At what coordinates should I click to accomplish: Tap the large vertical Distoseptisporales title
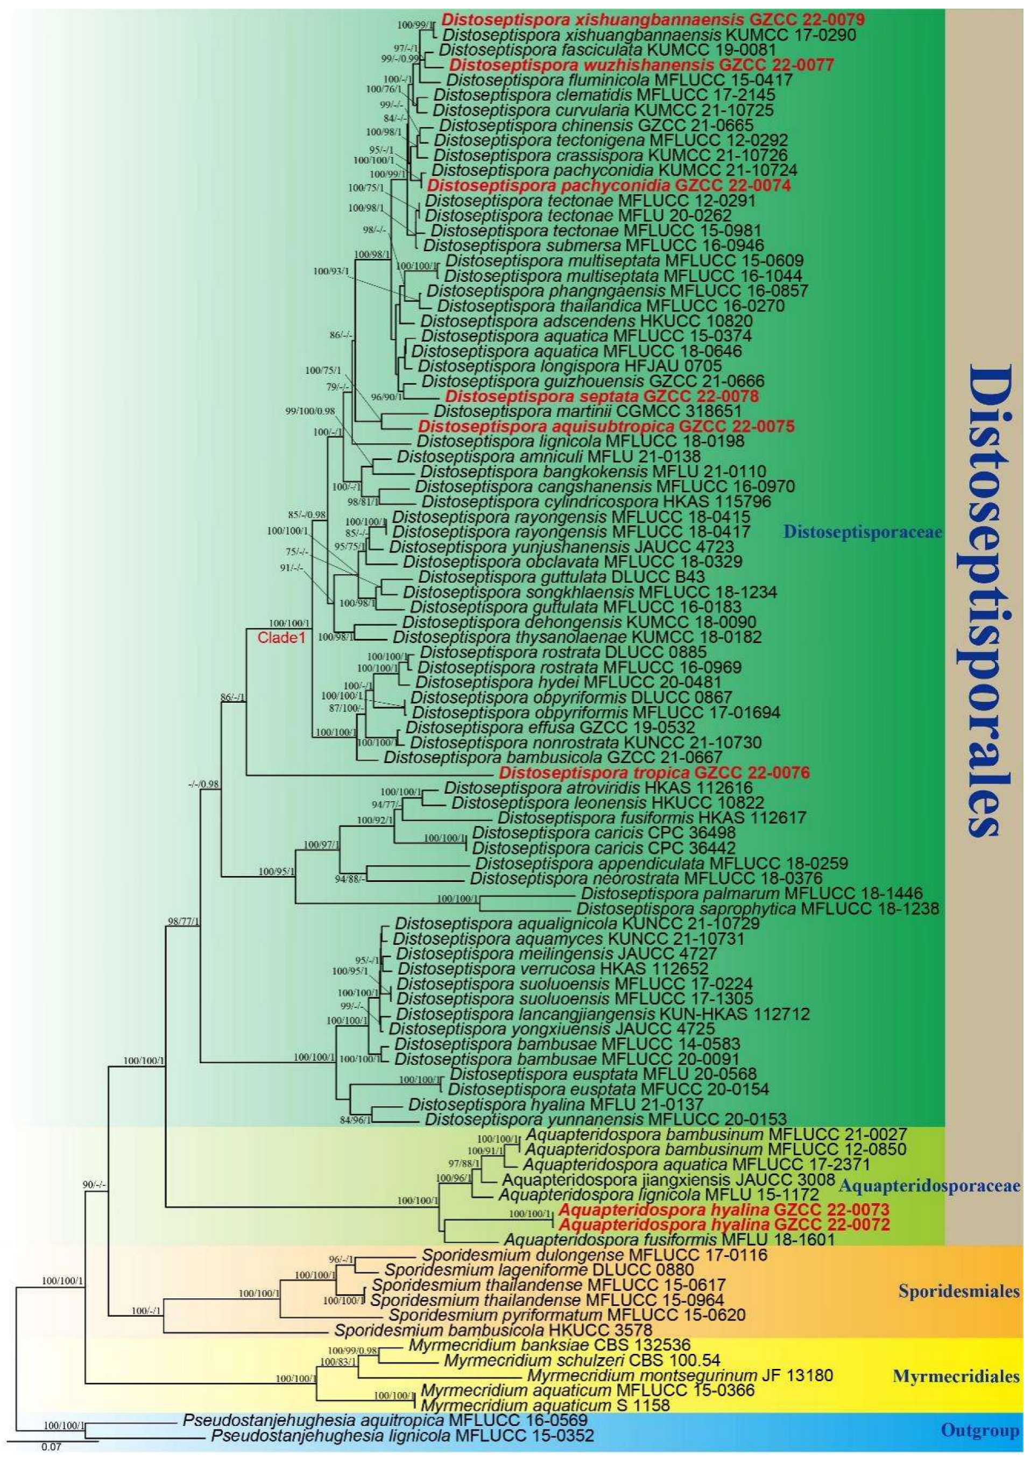[981, 598]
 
